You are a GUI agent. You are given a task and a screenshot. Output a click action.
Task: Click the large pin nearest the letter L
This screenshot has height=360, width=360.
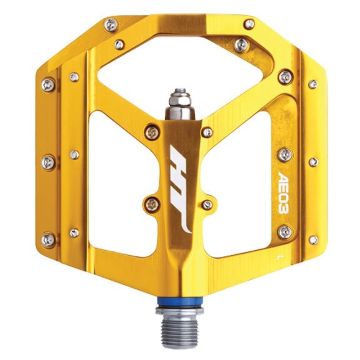pyautogui.click(x=284, y=232)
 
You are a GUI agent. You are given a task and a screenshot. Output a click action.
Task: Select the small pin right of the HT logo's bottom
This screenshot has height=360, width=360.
pyautogui.click(x=207, y=205)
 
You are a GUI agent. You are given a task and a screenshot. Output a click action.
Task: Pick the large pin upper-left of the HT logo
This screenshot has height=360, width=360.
pyautogui.click(x=153, y=132)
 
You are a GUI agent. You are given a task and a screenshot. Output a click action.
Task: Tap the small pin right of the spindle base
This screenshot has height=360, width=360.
pyautogui.click(x=207, y=132)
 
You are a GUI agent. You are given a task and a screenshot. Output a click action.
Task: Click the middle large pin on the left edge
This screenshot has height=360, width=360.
pyautogui.click(x=49, y=162)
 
